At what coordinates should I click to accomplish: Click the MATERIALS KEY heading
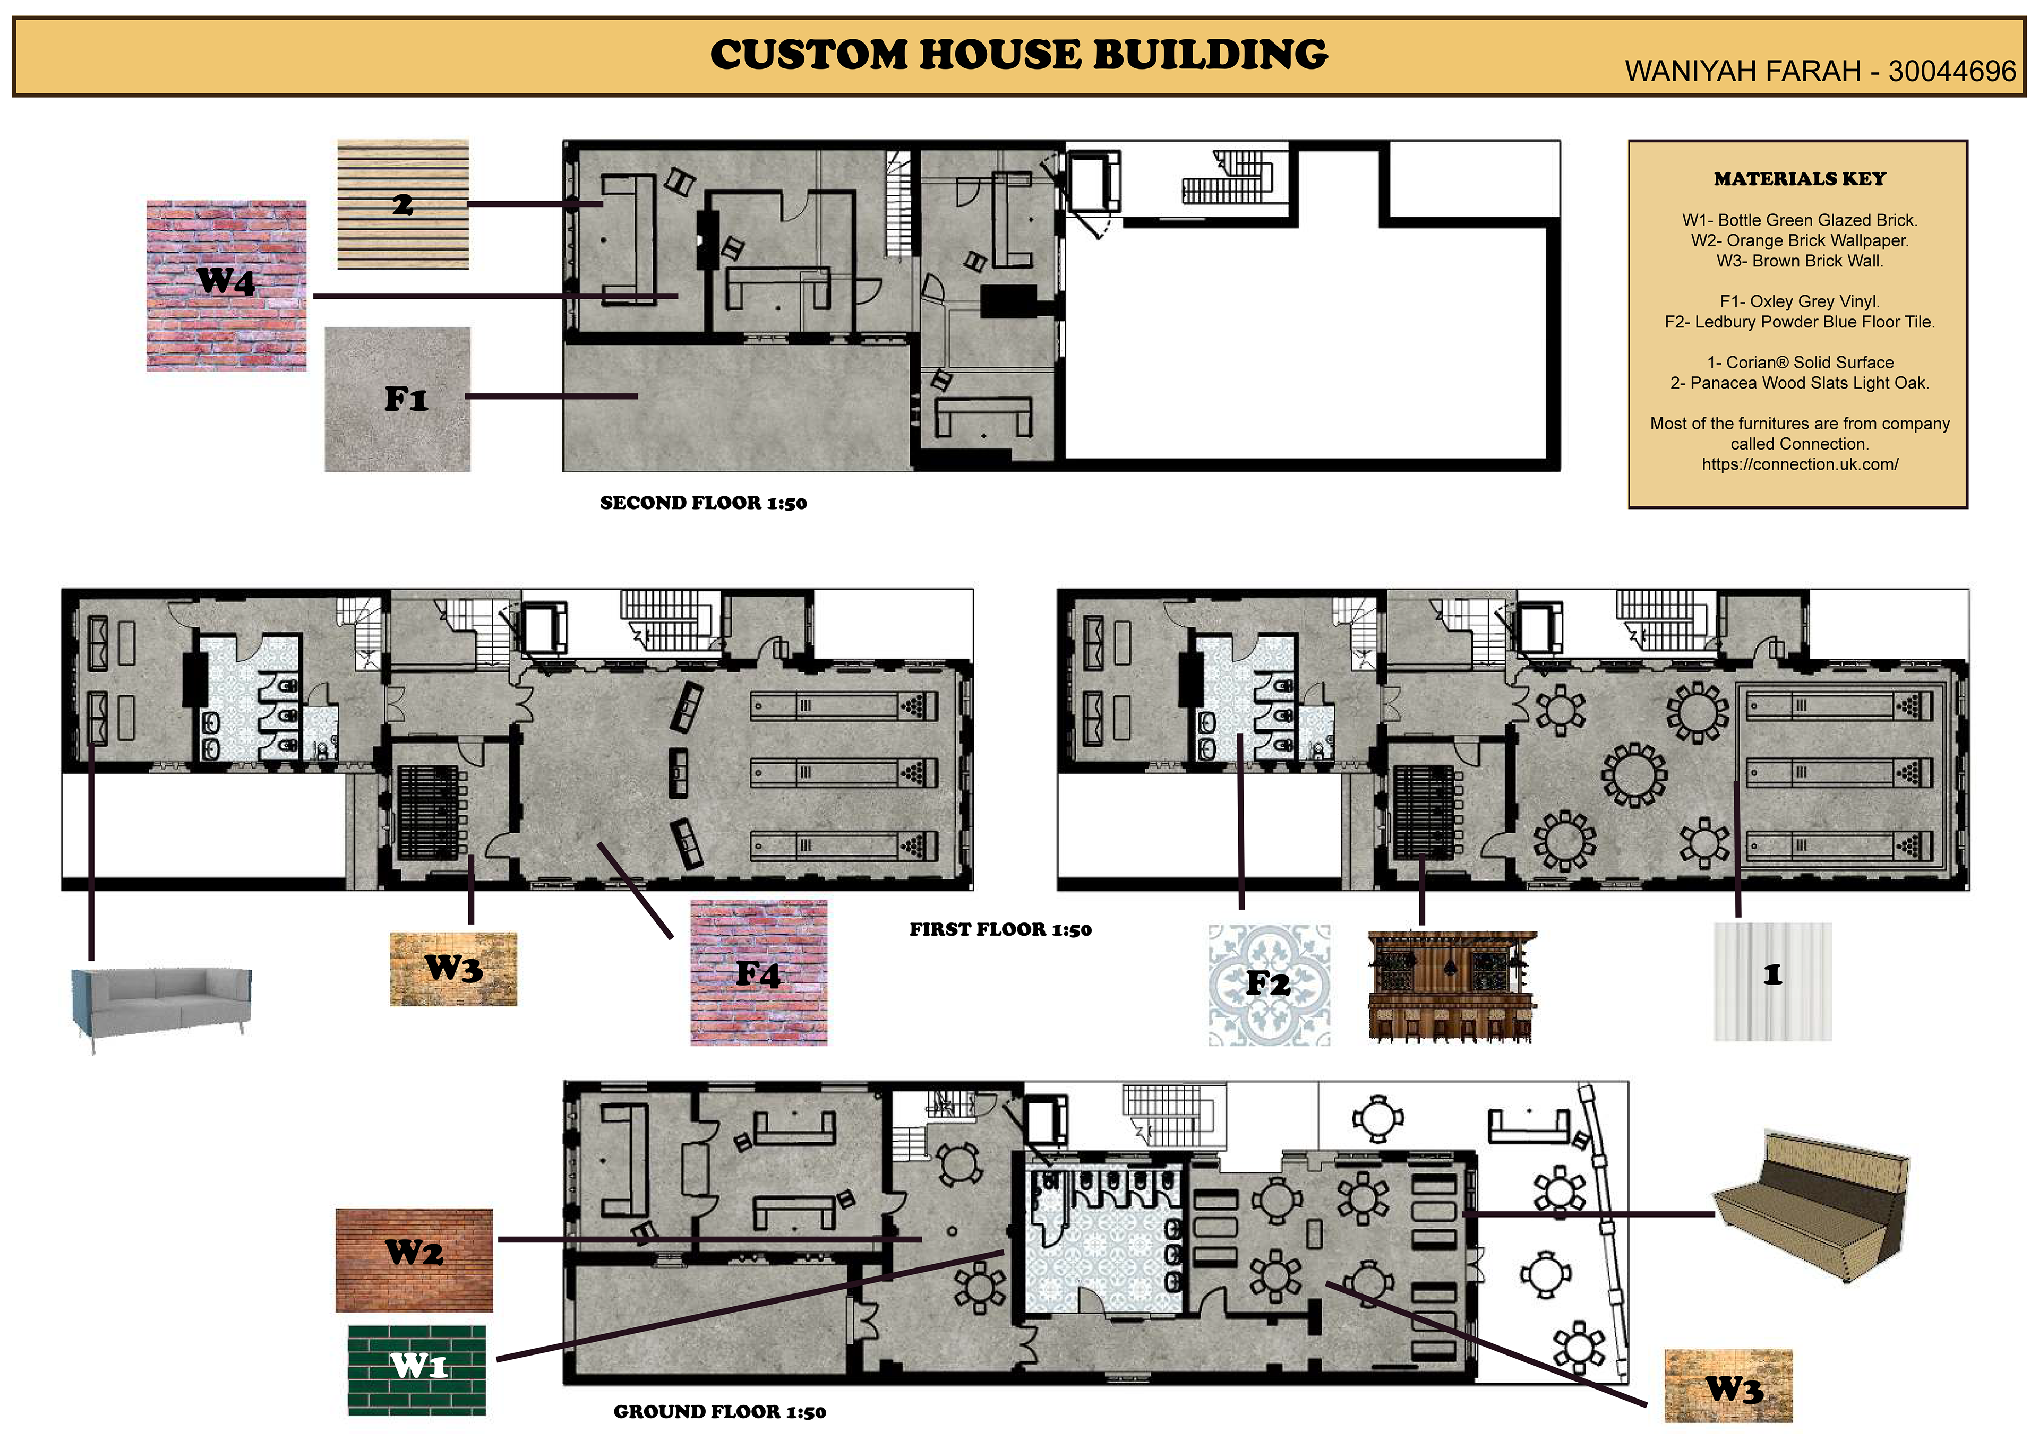(x=1799, y=178)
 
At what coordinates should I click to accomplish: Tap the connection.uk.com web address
(x=1799, y=464)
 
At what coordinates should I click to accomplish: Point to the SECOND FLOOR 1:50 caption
(x=704, y=503)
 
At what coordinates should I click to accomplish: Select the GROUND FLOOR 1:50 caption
(x=719, y=1412)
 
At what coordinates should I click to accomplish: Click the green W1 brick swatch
(x=416, y=1370)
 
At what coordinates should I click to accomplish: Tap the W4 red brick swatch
(x=226, y=286)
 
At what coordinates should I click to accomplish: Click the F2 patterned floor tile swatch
(x=1269, y=985)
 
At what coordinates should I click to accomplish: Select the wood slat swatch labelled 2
(x=403, y=204)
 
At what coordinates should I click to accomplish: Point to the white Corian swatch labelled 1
(x=1772, y=981)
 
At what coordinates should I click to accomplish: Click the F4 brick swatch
(x=758, y=972)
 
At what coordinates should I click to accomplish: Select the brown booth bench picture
(x=1810, y=1206)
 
